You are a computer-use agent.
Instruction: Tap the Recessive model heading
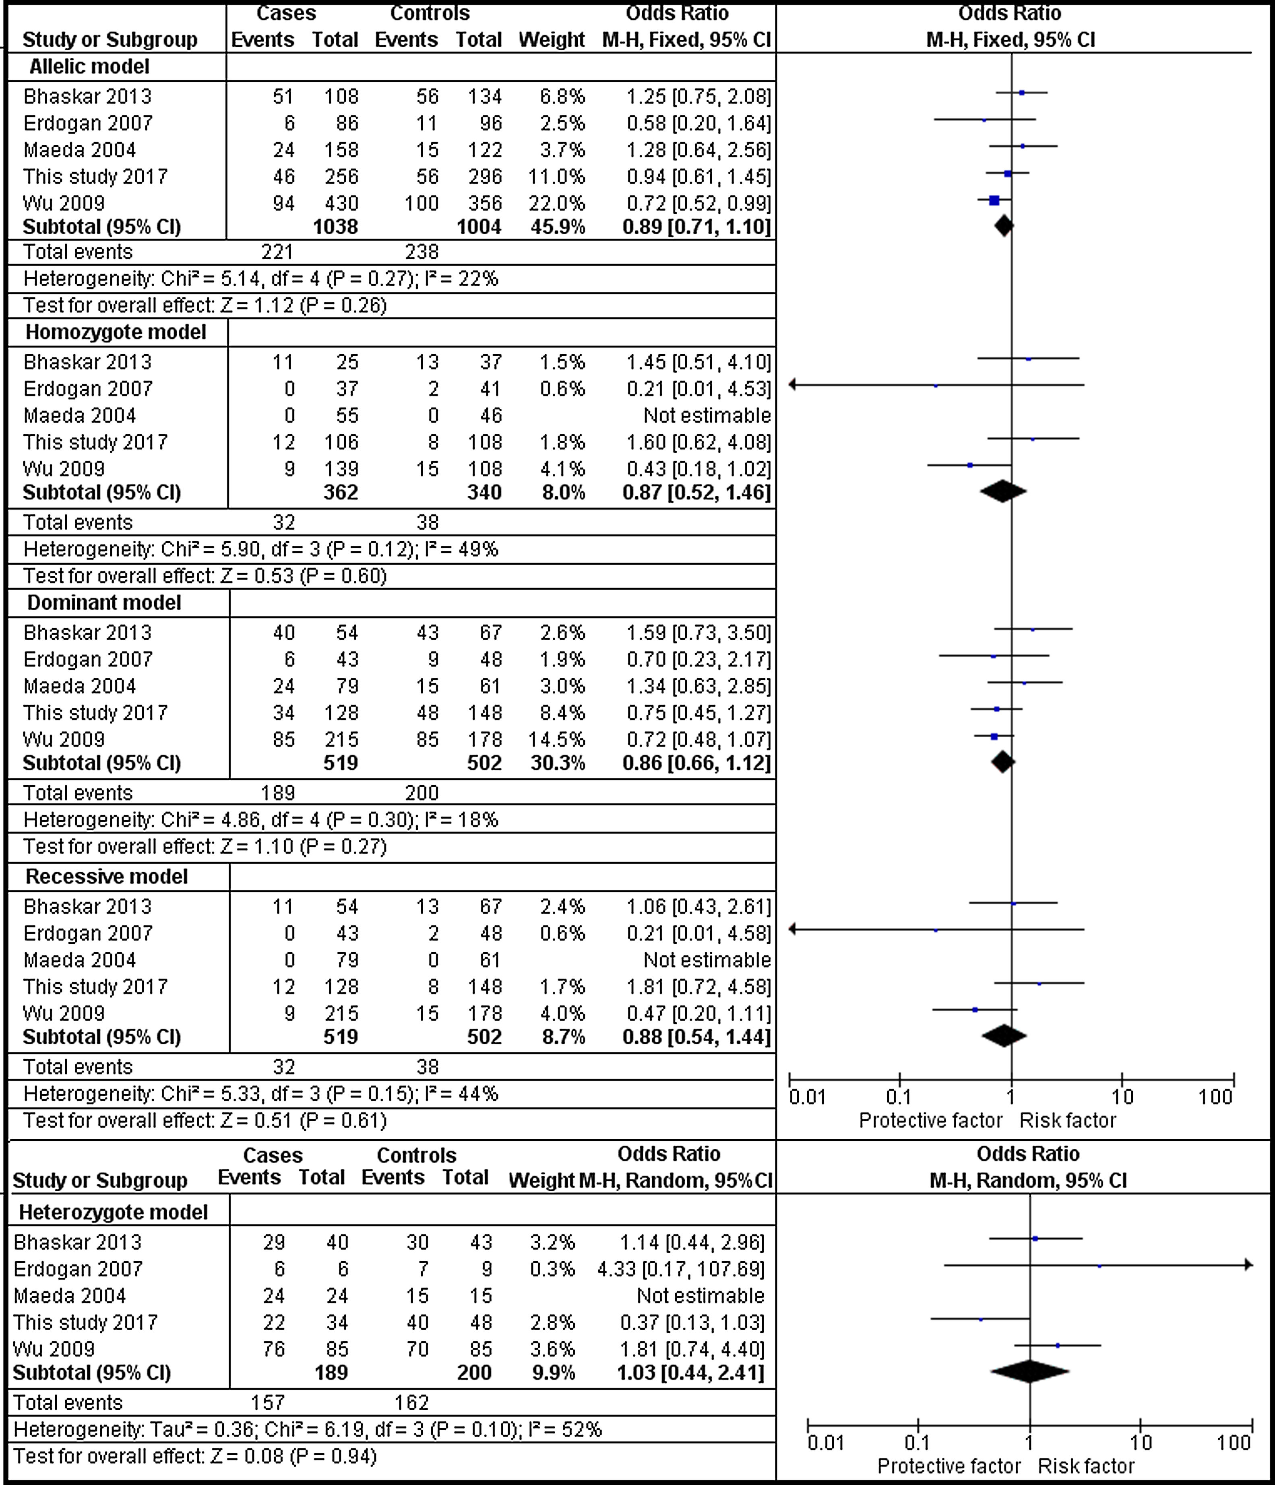[x=106, y=877]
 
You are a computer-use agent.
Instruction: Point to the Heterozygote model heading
[x=113, y=1212]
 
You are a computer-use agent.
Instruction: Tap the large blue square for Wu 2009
[x=994, y=201]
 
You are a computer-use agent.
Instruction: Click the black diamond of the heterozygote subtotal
[x=1029, y=1372]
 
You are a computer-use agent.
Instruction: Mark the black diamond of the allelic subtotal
[x=1004, y=227]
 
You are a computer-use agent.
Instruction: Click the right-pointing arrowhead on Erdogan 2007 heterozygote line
[x=1248, y=1265]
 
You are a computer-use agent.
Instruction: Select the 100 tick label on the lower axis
[x=1234, y=1442]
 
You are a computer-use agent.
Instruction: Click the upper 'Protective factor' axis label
[x=930, y=1120]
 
